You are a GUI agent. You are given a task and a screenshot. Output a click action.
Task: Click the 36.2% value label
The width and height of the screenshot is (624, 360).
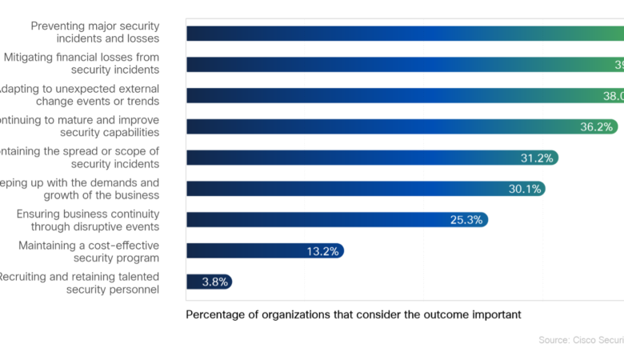click(595, 126)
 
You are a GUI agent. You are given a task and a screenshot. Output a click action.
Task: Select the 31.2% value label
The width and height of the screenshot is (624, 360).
click(537, 158)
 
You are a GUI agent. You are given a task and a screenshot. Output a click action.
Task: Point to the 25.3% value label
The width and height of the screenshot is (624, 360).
click(467, 220)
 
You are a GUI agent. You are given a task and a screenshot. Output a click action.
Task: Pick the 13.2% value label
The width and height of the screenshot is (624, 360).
click(323, 251)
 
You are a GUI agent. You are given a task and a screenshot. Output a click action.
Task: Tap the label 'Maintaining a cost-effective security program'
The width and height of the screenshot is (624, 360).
click(89, 251)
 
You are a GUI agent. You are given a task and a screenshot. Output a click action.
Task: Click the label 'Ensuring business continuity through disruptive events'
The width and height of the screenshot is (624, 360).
click(88, 220)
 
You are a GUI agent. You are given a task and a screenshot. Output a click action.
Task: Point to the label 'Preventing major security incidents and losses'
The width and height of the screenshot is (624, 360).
click(95, 32)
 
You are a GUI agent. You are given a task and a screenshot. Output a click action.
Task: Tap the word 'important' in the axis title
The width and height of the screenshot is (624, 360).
click(495, 314)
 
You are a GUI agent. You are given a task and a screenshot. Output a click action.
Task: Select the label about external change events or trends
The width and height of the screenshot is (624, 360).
click(80, 94)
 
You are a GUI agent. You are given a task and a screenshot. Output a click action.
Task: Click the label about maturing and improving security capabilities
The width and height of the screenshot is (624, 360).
click(80, 126)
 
